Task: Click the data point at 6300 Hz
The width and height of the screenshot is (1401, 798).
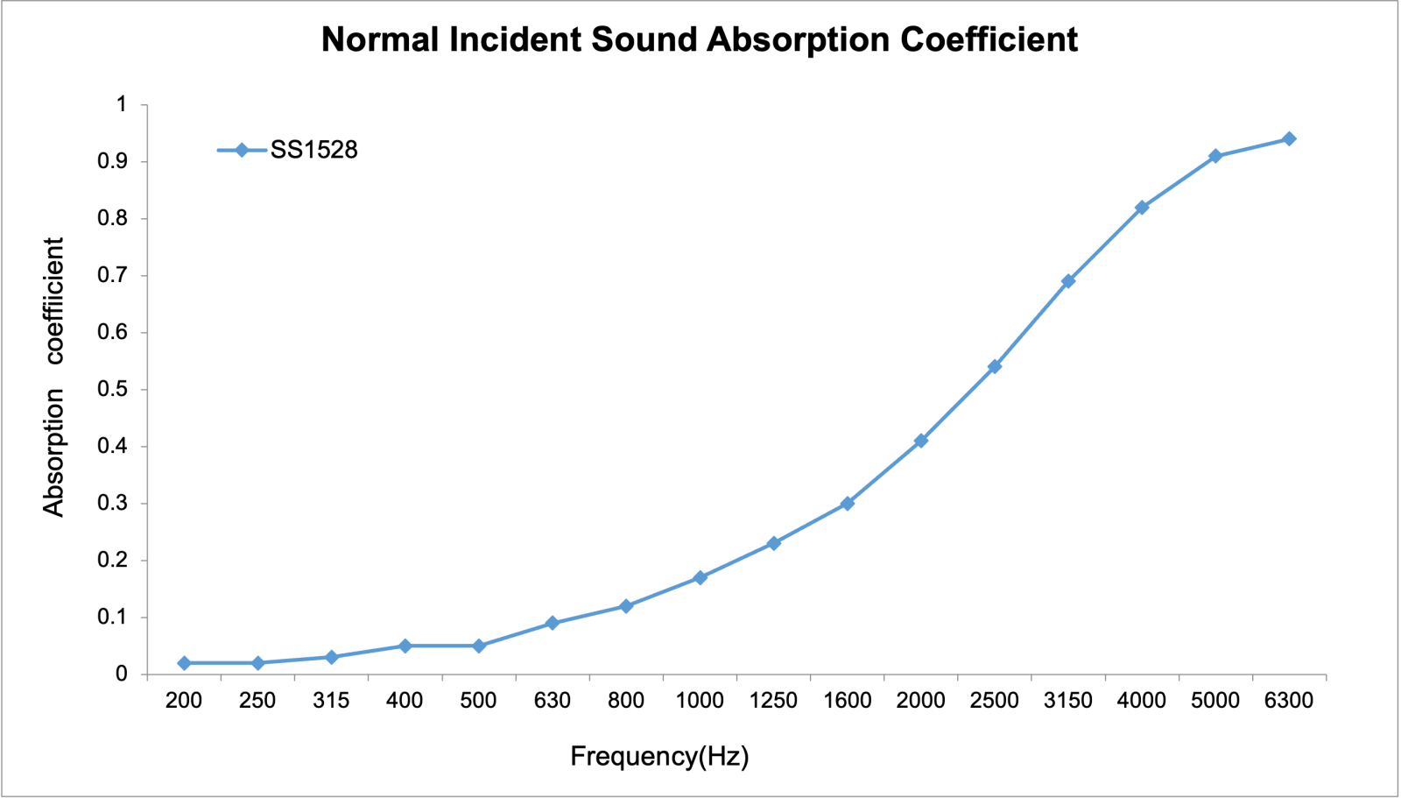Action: [1289, 139]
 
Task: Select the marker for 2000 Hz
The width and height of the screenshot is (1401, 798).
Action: [921, 441]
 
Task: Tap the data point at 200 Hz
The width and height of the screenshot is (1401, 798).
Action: [184, 663]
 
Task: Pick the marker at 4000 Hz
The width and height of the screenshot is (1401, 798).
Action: [1142, 208]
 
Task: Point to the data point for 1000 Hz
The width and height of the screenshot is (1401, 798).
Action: [700, 578]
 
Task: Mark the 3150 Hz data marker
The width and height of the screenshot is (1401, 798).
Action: [1068, 281]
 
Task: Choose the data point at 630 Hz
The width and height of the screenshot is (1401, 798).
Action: [553, 623]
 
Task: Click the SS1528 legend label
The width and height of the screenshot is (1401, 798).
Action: [314, 151]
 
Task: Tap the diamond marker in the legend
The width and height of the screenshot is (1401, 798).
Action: [242, 151]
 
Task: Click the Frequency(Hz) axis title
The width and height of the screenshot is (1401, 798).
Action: [659, 756]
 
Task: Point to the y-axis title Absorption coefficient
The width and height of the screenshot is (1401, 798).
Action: [54, 377]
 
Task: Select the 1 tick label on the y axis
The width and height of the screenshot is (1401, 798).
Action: [122, 104]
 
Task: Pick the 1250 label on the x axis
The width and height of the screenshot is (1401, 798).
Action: [774, 701]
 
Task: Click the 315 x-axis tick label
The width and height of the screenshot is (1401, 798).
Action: [331, 701]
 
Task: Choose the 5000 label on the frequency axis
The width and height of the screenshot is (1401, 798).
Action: [1215, 701]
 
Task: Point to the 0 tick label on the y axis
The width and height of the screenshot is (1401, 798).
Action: [122, 674]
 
